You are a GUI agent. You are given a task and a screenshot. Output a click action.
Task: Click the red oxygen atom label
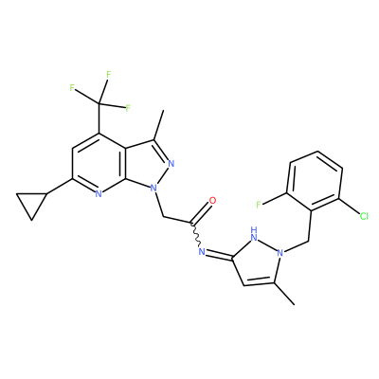[x=212, y=200]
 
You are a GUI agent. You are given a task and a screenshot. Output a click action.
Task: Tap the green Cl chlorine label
[x=364, y=216]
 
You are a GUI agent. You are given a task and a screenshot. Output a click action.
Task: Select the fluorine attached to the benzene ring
[x=259, y=205]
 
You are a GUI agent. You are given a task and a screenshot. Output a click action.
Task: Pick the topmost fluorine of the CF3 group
[x=109, y=75]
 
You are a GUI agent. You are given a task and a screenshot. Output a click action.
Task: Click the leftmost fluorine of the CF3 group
[x=72, y=88]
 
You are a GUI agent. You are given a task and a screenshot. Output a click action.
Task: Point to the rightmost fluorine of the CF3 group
[x=128, y=108]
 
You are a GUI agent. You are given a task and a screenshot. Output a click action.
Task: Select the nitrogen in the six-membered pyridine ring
[x=99, y=194]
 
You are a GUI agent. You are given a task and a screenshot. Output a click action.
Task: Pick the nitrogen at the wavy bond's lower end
[x=201, y=251]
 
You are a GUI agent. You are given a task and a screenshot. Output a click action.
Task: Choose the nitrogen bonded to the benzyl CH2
[x=280, y=253]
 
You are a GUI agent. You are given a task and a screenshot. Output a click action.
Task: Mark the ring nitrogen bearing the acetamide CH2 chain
[x=153, y=189]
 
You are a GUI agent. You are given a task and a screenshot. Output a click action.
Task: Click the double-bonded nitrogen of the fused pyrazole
[x=171, y=163]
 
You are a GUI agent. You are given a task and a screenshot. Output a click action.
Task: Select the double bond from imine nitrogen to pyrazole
[x=219, y=256]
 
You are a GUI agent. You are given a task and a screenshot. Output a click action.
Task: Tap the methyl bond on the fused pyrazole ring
[x=158, y=125]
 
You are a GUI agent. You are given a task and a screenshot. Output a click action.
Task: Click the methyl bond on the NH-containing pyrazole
[x=284, y=294]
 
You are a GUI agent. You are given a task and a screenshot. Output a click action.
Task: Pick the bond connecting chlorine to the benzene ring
[x=350, y=207]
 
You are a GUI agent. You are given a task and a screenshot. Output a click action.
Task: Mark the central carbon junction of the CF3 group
[x=99, y=103]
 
